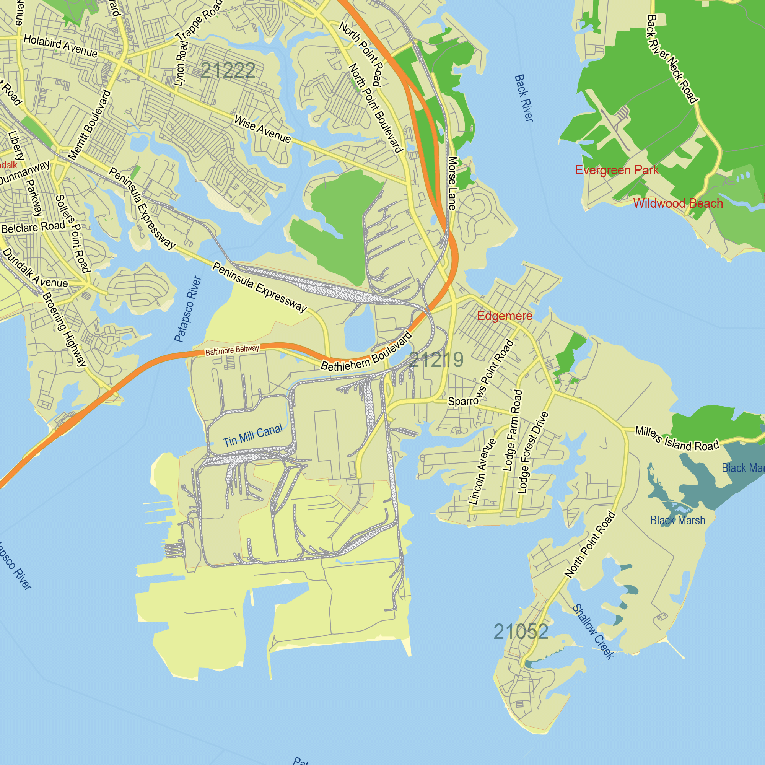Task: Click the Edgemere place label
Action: click(505, 316)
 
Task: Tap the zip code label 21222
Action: click(228, 70)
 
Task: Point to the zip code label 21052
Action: click(521, 632)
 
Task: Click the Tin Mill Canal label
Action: click(252, 435)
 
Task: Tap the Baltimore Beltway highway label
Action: click(232, 350)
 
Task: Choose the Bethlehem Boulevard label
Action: click(366, 353)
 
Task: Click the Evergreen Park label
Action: click(617, 170)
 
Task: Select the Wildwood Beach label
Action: click(678, 203)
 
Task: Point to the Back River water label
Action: click(524, 98)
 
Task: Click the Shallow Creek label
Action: click(593, 631)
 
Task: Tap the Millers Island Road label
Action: click(677, 438)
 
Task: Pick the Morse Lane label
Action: click(452, 183)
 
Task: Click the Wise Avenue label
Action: click(262, 129)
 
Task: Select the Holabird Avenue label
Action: click(60, 46)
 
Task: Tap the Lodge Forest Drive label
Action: click(533, 453)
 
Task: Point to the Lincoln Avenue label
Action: click(482, 471)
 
